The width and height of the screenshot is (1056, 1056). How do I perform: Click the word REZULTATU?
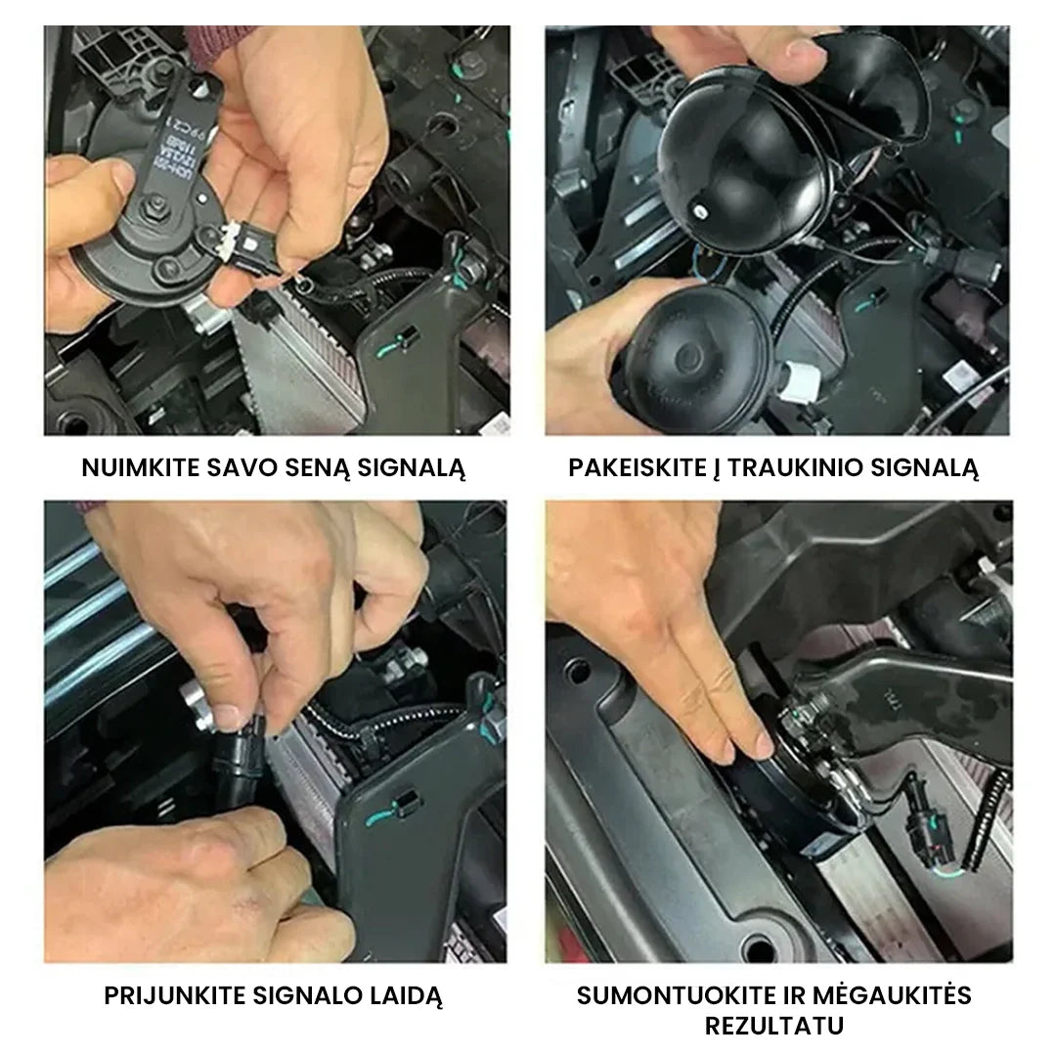(x=773, y=1027)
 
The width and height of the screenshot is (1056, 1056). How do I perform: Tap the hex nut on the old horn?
(x=154, y=207)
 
